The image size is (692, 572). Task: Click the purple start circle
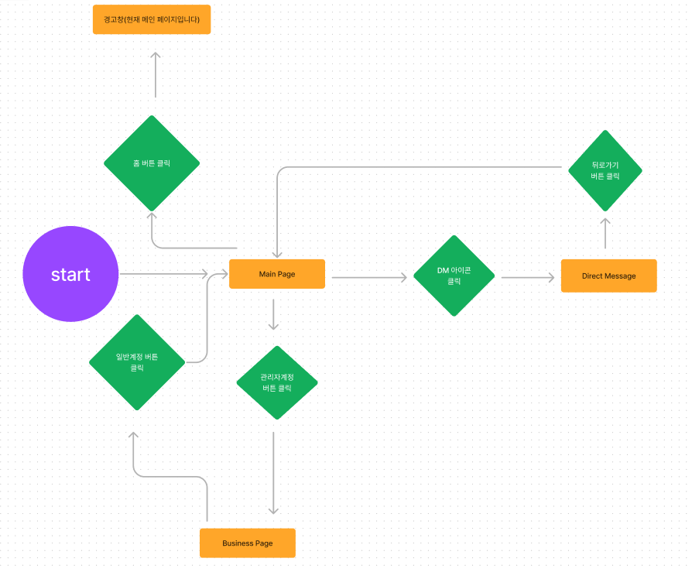click(x=70, y=274)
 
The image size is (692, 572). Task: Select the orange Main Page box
click(x=277, y=274)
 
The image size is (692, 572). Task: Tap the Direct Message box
click(x=609, y=276)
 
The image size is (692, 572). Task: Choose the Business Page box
click(x=248, y=543)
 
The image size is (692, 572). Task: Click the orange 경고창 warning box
click(x=152, y=19)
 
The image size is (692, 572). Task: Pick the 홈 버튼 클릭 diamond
click(x=152, y=163)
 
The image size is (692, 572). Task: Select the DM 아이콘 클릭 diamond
click(x=454, y=276)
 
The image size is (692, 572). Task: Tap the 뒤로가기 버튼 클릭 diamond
click(x=605, y=171)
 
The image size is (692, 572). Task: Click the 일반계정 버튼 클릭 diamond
click(x=137, y=362)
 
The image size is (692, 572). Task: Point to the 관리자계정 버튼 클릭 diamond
click(x=277, y=382)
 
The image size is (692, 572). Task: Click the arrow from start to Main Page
click(x=164, y=274)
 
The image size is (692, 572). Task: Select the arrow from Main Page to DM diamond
click(x=369, y=278)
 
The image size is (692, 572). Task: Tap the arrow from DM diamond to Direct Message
click(x=528, y=278)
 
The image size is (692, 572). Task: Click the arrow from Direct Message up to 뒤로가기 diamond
click(x=605, y=233)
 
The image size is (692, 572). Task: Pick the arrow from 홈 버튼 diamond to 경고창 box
click(x=156, y=74)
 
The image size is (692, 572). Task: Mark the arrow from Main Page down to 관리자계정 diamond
click(x=273, y=314)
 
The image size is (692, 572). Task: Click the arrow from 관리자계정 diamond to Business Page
click(x=273, y=473)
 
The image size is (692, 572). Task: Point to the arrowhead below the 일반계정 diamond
click(x=133, y=435)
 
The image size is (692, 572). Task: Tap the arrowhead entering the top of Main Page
click(x=277, y=254)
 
